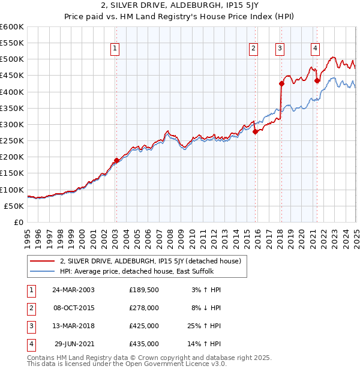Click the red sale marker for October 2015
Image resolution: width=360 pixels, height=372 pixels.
pos(255,131)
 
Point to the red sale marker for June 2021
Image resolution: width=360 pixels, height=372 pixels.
pos(317,80)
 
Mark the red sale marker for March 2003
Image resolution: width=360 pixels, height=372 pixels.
pos(117,160)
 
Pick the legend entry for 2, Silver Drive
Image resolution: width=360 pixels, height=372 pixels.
pos(150,261)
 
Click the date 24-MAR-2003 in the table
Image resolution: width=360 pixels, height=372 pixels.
pos(74,290)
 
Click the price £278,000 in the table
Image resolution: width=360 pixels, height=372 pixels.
pos(144,308)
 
